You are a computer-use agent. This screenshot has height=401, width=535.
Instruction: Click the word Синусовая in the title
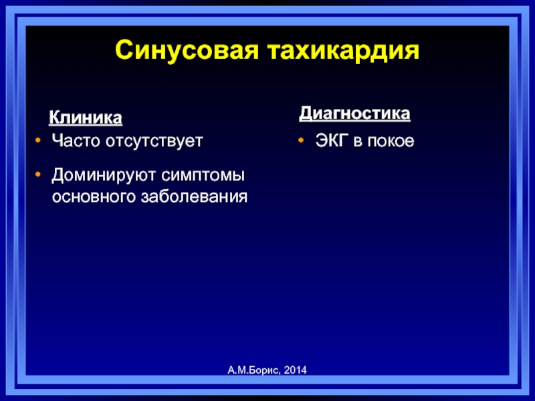(x=187, y=51)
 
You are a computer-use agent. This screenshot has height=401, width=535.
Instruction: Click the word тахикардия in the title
(x=343, y=51)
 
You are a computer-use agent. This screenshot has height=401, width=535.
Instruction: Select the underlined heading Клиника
(x=86, y=118)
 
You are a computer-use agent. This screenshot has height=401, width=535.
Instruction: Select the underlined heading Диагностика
(x=354, y=114)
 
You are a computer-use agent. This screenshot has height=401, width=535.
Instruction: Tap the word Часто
(x=76, y=140)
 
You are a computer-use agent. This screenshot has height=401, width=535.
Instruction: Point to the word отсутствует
(x=154, y=141)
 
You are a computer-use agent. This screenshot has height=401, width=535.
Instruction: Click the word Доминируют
(x=104, y=176)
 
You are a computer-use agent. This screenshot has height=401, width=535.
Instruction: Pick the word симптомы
(x=203, y=176)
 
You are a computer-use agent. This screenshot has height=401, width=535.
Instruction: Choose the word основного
(x=94, y=197)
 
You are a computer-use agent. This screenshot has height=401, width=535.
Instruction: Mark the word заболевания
(x=195, y=197)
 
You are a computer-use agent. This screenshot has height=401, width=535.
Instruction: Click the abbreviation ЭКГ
(x=332, y=140)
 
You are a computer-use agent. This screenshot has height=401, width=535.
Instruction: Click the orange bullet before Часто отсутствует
(x=38, y=140)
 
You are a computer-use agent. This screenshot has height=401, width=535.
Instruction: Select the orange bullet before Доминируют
(x=38, y=174)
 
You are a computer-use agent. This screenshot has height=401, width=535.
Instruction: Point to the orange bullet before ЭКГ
(x=301, y=140)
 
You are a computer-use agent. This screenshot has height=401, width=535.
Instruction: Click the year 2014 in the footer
(x=295, y=370)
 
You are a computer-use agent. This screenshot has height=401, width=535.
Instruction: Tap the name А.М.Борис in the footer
(x=254, y=370)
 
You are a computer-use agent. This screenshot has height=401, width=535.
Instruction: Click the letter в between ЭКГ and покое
(x=358, y=142)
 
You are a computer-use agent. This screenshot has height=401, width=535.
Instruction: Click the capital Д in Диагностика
(x=307, y=114)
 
